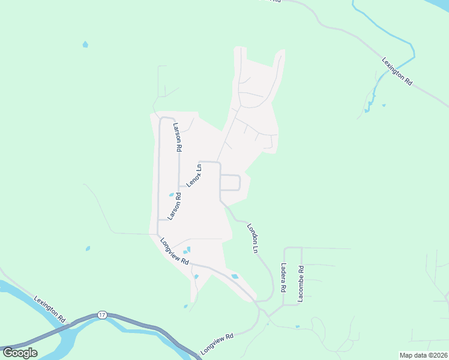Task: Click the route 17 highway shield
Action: (x=103, y=314)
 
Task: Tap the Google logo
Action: (x=20, y=352)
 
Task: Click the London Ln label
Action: (x=253, y=238)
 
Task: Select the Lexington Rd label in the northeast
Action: (x=397, y=71)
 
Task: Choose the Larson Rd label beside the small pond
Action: (x=174, y=206)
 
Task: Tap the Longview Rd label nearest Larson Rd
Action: (x=175, y=251)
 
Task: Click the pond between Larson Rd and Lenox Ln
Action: (x=171, y=195)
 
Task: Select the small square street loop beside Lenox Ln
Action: (x=231, y=182)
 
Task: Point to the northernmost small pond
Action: (x=85, y=44)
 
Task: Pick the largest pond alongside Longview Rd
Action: (x=235, y=276)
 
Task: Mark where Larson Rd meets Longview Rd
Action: (x=157, y=235)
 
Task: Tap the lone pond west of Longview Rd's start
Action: (x=88, y=248)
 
